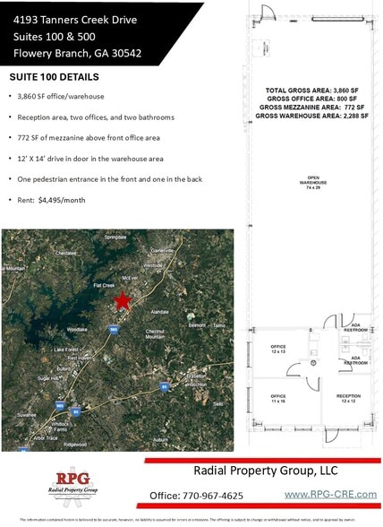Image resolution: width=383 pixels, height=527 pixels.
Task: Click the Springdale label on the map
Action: coord(116,238)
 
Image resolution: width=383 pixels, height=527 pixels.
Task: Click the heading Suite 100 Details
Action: coord(54,77)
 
